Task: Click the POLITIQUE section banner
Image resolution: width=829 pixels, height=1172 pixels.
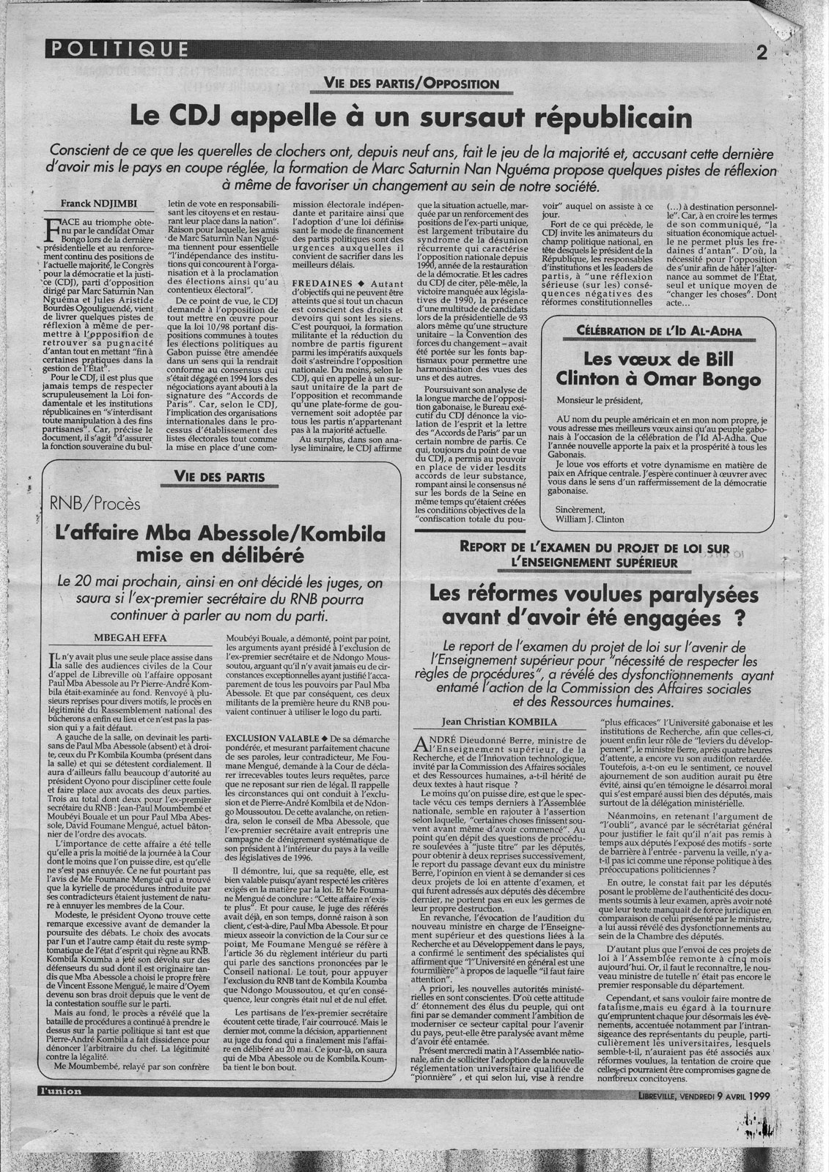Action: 117,50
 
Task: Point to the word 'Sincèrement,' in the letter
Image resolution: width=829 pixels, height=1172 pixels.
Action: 581,509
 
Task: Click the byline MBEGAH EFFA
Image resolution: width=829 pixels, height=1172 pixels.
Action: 129,634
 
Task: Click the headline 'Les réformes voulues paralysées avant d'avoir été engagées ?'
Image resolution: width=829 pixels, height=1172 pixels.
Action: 593,608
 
